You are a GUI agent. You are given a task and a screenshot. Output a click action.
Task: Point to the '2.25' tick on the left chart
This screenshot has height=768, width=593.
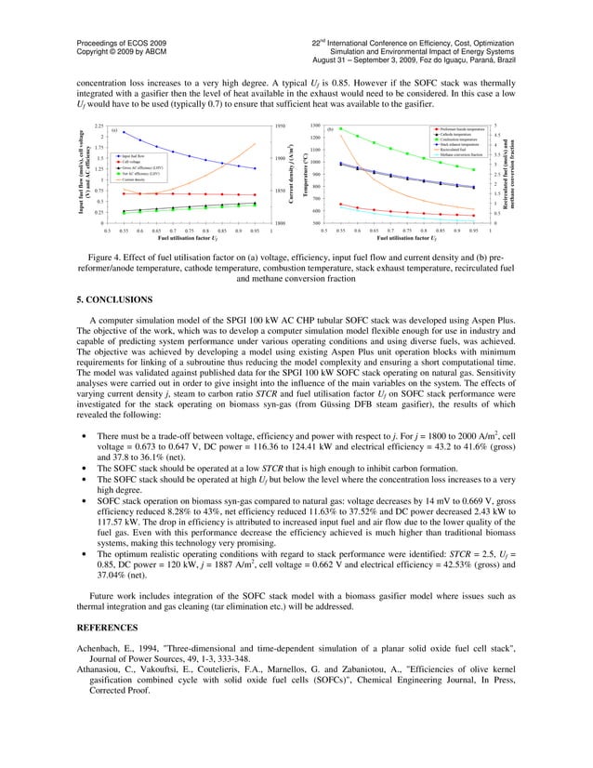[99, 125]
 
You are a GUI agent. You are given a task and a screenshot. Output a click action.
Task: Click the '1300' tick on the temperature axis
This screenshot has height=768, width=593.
[315, 125]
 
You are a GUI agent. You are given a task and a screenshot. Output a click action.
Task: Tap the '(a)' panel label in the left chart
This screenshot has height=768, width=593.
[113, 131]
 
